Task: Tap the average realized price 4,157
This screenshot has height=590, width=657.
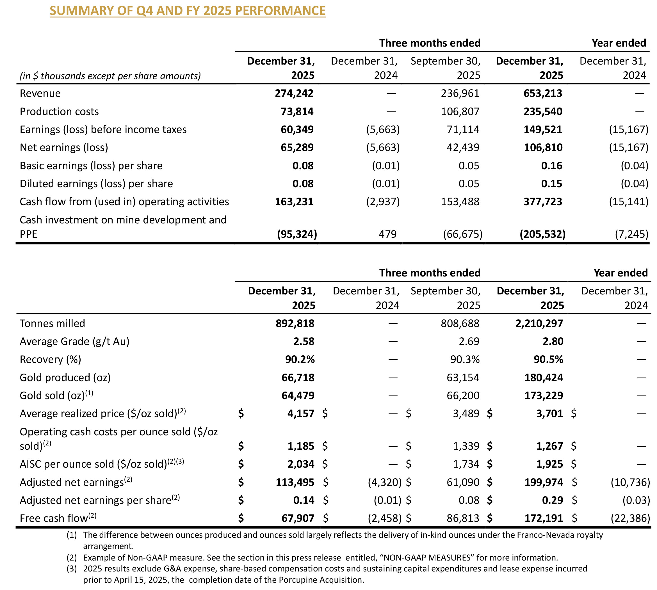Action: tap(301, 413)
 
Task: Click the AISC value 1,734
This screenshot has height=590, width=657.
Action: tap(466, 464)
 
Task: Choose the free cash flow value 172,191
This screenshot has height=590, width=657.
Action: tap(544, 518)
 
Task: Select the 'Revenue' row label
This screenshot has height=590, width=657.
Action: tap(40, 93)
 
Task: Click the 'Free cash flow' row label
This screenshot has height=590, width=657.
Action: tap(54, 518)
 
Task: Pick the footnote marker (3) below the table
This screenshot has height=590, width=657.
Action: tap(72, 569)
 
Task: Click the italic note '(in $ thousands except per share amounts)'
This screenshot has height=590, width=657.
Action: tap(110, 76)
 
